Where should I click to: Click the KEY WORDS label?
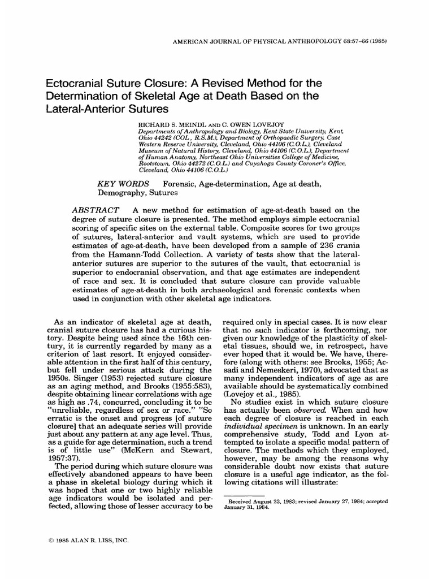coord(124,184)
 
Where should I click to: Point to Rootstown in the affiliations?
coord(157,162)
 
